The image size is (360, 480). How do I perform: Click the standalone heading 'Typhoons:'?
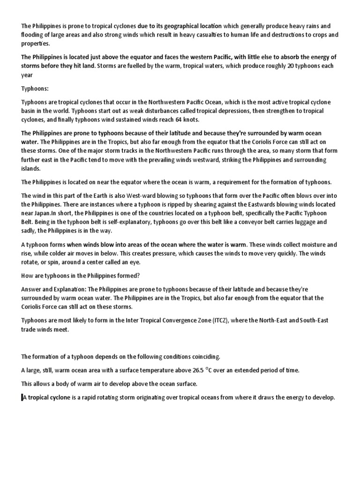tap(34, 88)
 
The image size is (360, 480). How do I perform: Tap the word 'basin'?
tap(30, 111)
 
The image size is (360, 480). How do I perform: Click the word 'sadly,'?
tap(30, 231)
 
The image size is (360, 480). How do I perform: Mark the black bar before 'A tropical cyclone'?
tap(22, 397)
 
